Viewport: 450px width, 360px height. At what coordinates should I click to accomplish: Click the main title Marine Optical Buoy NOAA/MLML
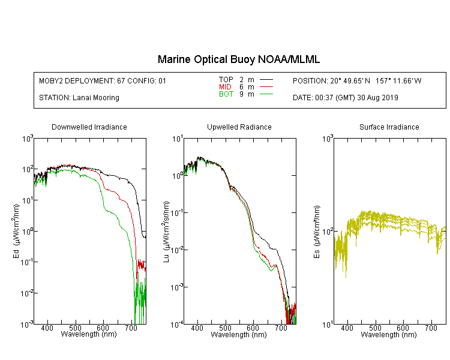click(238, 59)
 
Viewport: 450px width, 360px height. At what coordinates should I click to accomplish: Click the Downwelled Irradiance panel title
click(89, 127)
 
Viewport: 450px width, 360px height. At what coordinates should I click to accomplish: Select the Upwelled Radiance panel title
click(239, 127)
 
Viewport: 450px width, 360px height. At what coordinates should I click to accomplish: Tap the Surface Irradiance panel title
click(389, 127)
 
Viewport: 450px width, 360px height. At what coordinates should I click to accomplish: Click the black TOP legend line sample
click(266, 80)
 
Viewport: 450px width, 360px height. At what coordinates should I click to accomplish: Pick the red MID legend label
click(225, 86)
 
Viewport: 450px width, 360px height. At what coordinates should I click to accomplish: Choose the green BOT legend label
click(226, 94)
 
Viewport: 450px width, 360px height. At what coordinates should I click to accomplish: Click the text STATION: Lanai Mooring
click(79, 98)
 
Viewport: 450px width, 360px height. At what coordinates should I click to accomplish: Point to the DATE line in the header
click(345, 98)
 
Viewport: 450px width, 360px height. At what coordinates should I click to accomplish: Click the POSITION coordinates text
click(357, 80)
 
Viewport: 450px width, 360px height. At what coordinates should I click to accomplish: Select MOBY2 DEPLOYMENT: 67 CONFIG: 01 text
click(103, 80)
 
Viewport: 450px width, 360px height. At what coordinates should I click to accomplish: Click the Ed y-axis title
click(16, 232)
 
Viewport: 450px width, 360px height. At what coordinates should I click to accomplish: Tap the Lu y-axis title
click(166, 232)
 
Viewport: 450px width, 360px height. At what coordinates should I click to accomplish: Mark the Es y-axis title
click(317, 232)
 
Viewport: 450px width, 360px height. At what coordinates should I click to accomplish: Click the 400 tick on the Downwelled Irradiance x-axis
click(47, 328)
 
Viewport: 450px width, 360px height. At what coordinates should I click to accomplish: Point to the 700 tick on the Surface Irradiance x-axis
click(431, 328)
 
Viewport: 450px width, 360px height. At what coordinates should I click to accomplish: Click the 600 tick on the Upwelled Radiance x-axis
click(253, 328)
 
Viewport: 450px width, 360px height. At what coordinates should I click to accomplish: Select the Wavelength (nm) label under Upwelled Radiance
click(238, 334)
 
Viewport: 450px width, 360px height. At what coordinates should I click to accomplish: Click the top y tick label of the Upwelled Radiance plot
click(178, 139)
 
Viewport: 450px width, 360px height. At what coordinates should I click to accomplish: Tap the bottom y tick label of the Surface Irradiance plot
click(328, 325)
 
